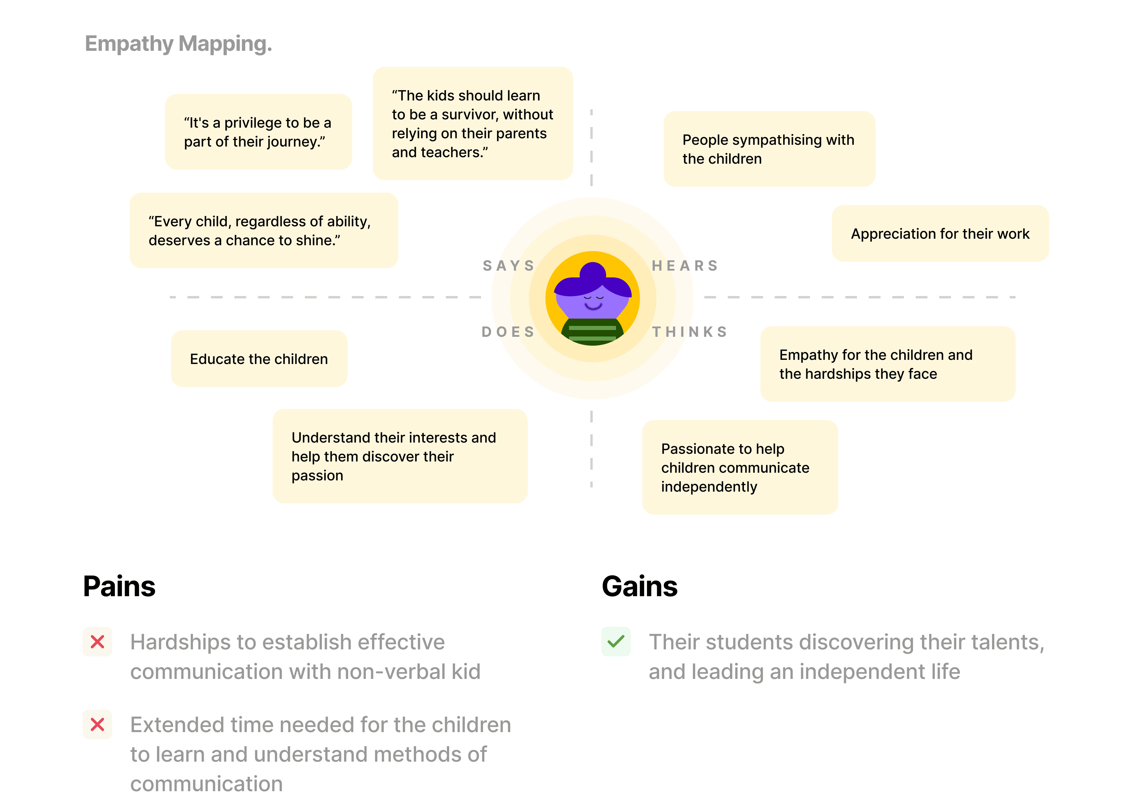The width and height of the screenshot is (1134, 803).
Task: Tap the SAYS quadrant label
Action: click(x=509, y=266)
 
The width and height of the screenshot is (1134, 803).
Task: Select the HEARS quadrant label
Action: click(x=684, y=266)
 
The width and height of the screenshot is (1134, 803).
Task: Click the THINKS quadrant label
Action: click(x=690, y=332)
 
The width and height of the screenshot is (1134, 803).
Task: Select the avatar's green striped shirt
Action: click(x=592, y=332)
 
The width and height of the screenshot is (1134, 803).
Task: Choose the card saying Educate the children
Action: click(x=259, y=359)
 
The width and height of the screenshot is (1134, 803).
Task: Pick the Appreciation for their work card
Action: click(x=940, y=234)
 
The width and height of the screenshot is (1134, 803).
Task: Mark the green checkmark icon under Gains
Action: click(x=616, y=642)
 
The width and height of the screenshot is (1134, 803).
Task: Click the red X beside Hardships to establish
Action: click(x=97, y=642)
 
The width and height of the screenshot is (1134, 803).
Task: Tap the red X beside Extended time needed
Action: click(x=97, y=725)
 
